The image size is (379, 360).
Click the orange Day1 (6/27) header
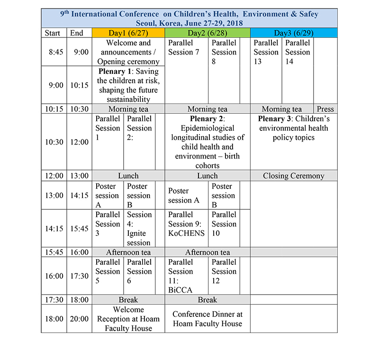128,33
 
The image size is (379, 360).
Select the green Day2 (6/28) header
208,33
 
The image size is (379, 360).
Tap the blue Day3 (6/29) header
294,33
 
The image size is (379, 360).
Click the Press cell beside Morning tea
325,109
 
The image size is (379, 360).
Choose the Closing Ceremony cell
294,176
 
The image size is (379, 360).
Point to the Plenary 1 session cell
128,85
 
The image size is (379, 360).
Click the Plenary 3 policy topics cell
294,128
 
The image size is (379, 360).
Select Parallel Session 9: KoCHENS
187,224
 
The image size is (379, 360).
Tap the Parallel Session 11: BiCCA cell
180,276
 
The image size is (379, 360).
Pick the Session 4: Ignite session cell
139,228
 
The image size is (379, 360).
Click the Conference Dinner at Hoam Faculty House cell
208,319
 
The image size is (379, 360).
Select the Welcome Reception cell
128,319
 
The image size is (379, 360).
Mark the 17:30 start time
54,300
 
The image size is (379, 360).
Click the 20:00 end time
79,319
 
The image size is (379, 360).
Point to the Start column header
54,33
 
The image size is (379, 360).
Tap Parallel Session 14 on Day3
298,52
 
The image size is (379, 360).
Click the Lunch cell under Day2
208,176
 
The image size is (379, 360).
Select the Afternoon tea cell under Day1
128,252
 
